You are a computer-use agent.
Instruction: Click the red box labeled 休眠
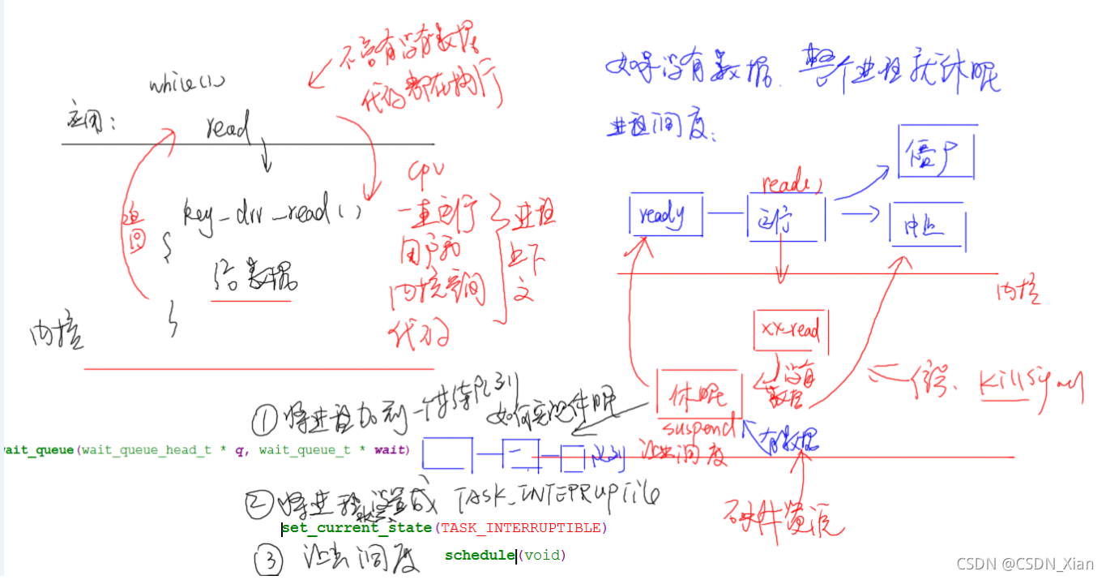[x=698, y=395]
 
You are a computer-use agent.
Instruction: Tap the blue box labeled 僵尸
[x=936, y=151]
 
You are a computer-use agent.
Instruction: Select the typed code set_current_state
[x=357, y=528]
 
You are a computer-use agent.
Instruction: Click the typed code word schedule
[x=480, y=556]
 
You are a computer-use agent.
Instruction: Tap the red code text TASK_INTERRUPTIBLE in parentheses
[x=521, y=528]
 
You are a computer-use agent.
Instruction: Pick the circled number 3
[x=269, y=559]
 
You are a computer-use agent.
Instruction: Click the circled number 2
[x=258, y=505]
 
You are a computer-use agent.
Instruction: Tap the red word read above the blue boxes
[x=786, y=184]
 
